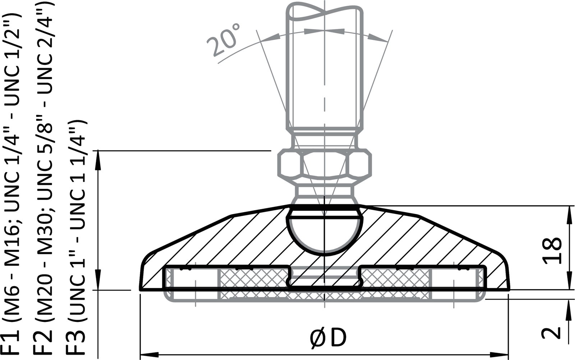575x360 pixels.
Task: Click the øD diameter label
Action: pyautogui.click(x=328, y=338)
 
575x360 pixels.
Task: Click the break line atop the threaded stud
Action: pyautogui.click(x=324, y=11)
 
